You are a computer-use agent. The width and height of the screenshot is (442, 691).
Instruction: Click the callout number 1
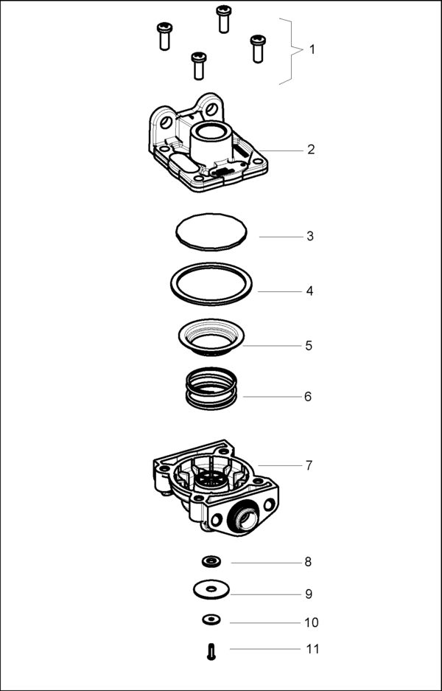coord(312,49)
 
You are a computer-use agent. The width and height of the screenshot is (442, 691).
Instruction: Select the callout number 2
coord(311,150)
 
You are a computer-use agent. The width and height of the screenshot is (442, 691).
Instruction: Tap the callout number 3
coord(310,237)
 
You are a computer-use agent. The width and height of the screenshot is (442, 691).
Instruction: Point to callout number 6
coord(308,397)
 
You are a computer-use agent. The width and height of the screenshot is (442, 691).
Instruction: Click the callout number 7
coord(309,466)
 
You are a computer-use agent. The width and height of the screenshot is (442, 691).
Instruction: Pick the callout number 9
coord(308,594)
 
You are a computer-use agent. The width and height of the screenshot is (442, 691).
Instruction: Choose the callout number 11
coord(313,649)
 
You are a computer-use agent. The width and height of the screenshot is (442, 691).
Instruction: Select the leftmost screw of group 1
coord(164,35)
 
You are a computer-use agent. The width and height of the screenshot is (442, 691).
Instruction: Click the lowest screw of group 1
coord(197,65)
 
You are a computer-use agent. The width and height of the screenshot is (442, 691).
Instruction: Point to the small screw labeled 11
coord(211,651)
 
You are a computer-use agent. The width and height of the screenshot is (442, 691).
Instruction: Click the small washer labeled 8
coord(211,563)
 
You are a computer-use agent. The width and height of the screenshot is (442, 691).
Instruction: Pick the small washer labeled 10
coord(211,619)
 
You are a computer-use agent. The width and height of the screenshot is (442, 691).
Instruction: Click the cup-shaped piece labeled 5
coord(210,338)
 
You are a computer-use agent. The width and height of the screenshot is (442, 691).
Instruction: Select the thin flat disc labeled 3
coord(211,230)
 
